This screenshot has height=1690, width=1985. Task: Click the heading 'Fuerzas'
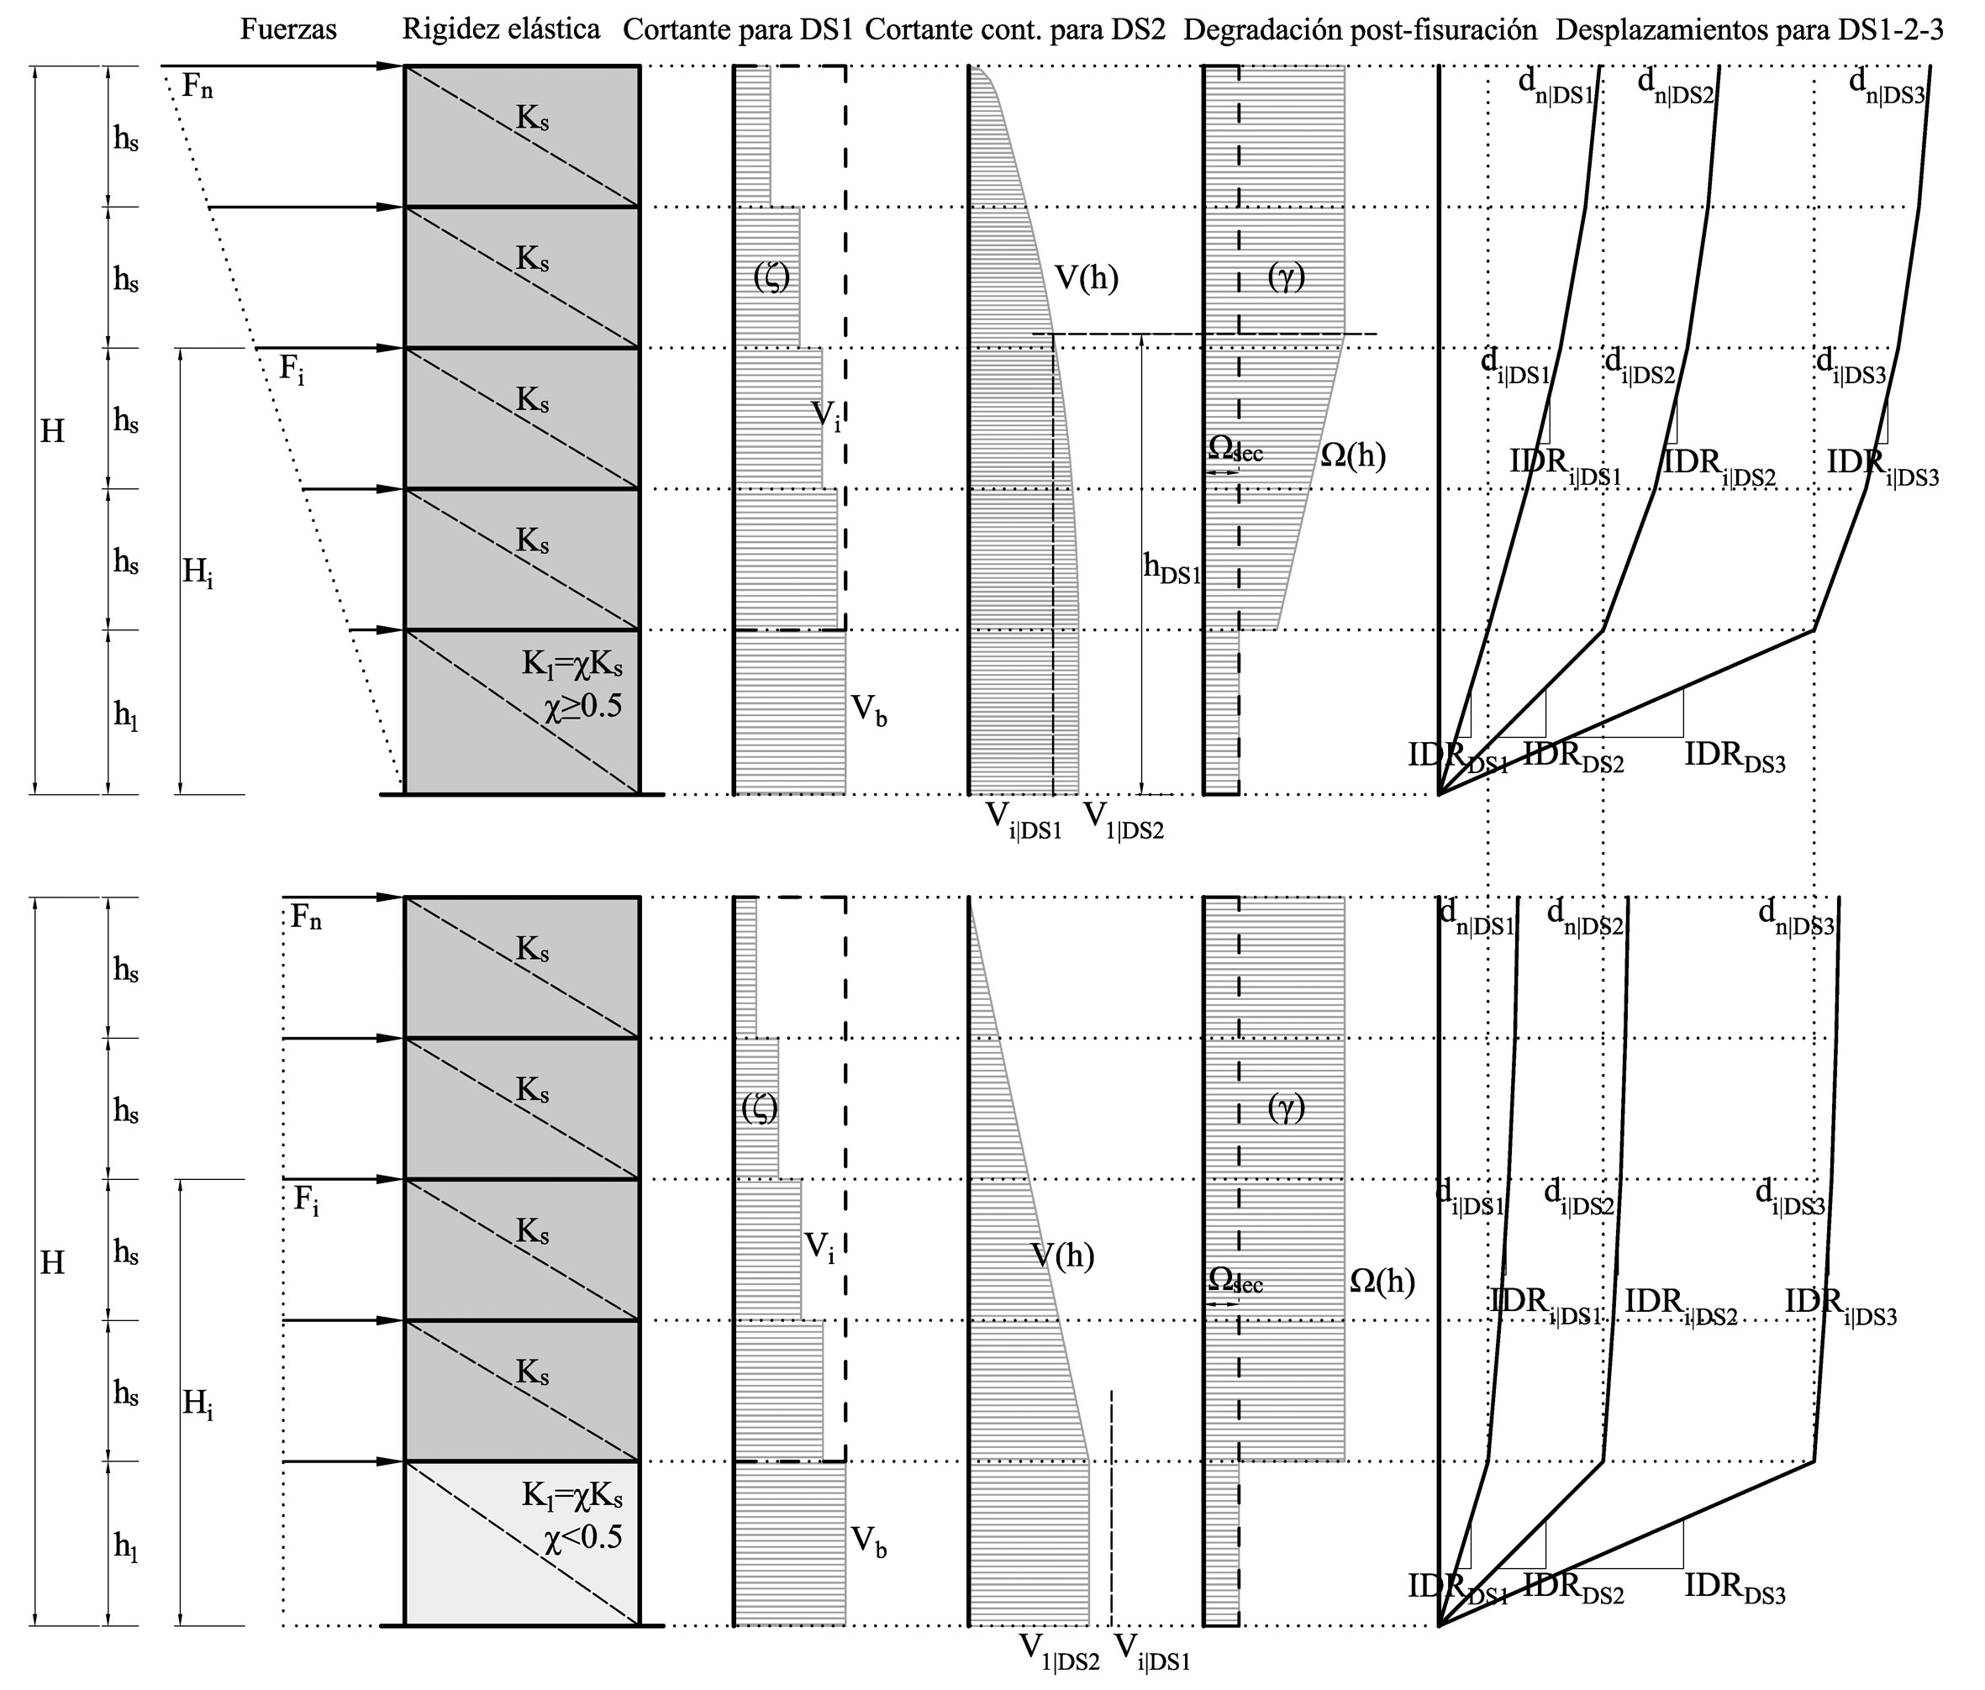pos(288,29)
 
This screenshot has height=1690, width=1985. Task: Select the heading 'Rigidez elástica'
pos(501,29)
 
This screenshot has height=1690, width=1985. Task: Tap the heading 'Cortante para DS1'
pos(738,29)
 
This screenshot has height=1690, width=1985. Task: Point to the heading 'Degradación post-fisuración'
pos(1361,30)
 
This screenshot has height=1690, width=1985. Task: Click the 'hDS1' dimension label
pos(1172,569)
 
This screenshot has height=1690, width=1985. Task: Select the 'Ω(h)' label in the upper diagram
pos(1353,455)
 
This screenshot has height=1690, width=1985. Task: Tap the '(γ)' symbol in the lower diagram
pos(1287,1108)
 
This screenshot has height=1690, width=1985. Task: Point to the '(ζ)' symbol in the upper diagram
pos(771,278)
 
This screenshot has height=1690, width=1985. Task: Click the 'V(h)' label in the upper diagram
pos(1087,279)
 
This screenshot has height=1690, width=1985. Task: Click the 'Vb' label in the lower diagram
pos(870,1542)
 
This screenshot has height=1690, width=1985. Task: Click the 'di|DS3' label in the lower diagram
pos(1791,1197)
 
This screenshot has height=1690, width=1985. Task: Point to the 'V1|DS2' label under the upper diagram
pos(1123,820)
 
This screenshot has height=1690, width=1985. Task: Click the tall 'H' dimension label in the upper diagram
pos(52,432)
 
